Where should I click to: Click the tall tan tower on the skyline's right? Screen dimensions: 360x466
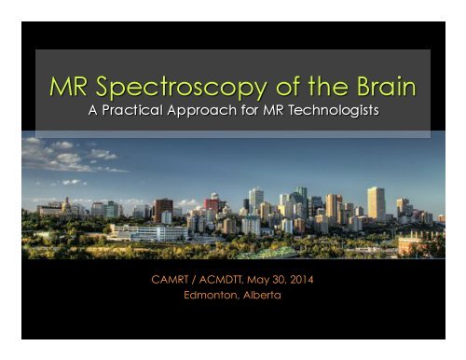(377, 203)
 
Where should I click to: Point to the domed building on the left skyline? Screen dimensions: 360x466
(67, 205)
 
